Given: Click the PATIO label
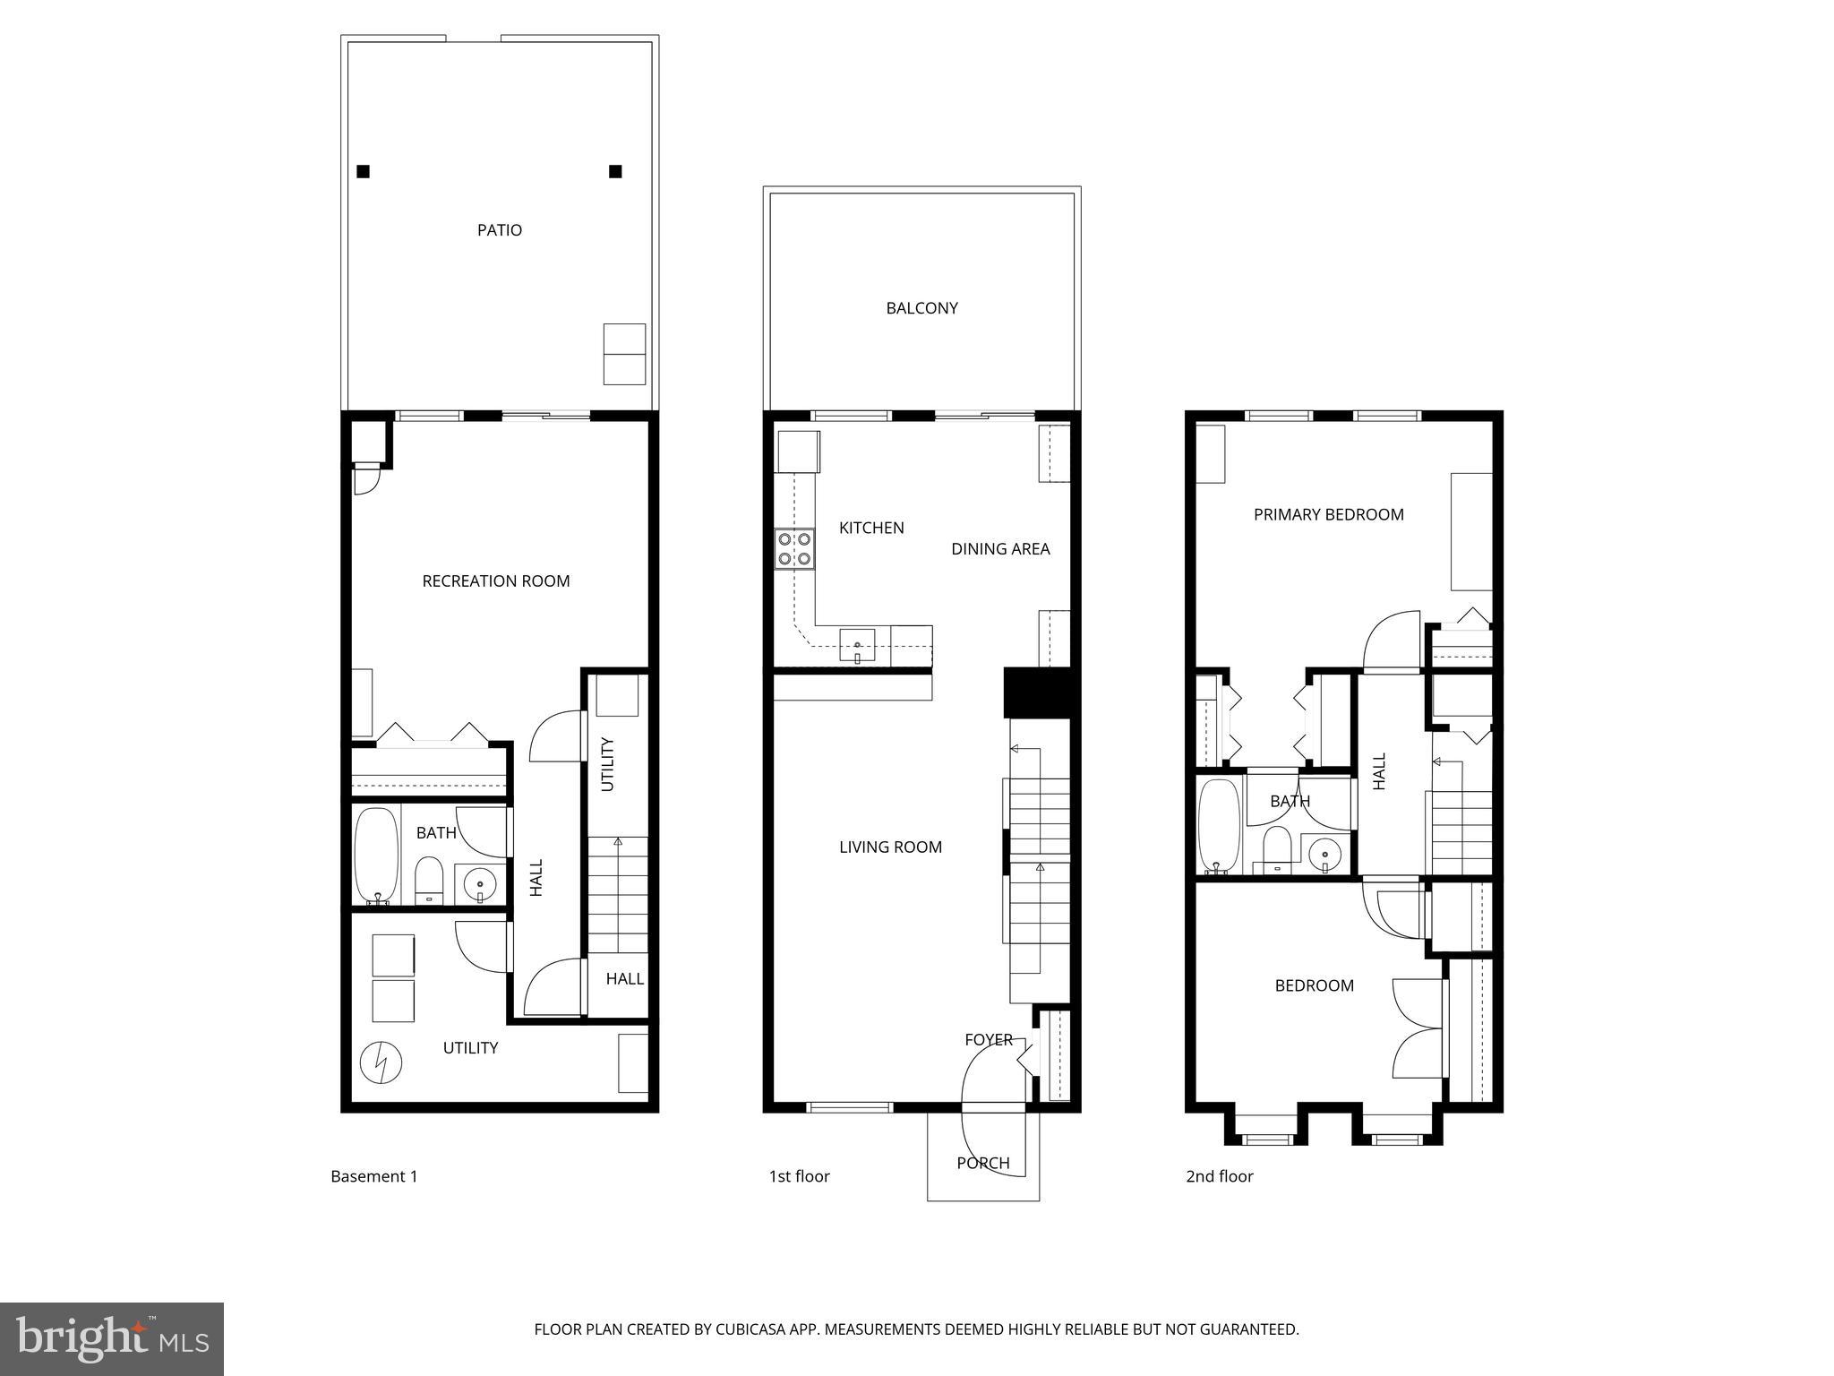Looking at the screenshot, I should coord(499,230).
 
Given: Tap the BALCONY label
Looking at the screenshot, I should coord(921,308).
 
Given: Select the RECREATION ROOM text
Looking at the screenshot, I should coord(495,581).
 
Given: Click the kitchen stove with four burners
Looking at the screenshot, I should coord(794,549).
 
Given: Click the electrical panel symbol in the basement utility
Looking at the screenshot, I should coord(381,1063).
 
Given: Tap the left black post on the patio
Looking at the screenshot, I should coord(363,172).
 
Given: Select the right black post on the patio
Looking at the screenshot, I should coord(615,172).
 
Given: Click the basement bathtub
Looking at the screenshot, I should coord(377,856).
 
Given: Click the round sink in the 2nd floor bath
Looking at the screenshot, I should coord(1324,855).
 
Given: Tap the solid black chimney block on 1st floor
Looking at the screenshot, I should coord(1037,692).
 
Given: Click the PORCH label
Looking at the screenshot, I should coord(982,1164).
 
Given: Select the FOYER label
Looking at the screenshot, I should coord(988,1040).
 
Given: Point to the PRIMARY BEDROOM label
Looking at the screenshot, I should coord(1328,515).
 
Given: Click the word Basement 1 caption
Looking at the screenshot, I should coord(373,1177).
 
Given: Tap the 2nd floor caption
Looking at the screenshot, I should coord(1219,1177).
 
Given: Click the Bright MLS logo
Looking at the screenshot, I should coord(111,1338).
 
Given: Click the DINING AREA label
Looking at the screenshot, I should coord(999,549).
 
